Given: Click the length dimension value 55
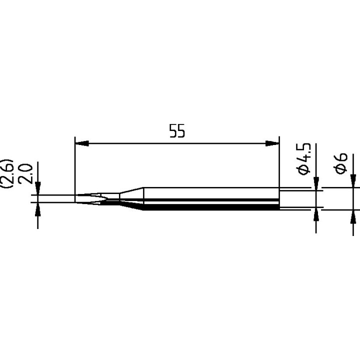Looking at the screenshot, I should pos(177,132).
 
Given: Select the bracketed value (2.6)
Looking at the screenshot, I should pos(9,173).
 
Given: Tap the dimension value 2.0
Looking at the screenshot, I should pos(27,174).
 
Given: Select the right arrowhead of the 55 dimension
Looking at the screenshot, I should pos(272,144).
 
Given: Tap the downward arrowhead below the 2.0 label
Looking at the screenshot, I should pos(37,189).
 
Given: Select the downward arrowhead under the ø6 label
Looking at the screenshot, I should pos(353,180).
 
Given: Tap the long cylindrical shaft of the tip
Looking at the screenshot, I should pos(210,198).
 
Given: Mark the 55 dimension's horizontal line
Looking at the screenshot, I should pos(177,144).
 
